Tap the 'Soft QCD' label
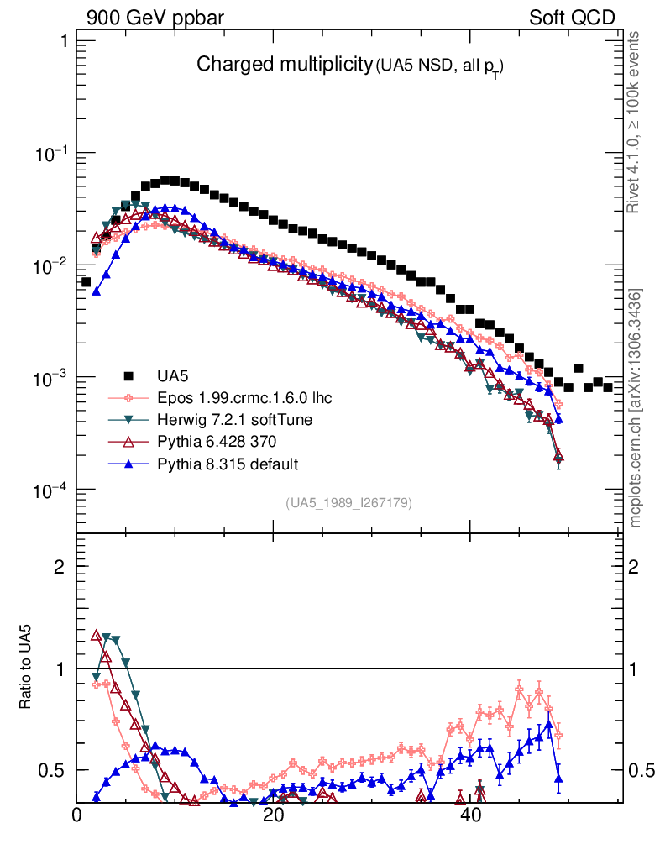(572, 18)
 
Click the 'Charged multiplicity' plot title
(284, 64)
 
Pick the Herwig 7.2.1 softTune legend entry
(223, 420)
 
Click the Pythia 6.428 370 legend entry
(212, 442)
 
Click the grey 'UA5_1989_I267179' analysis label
(348, 502)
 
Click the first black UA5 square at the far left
(86, 282)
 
